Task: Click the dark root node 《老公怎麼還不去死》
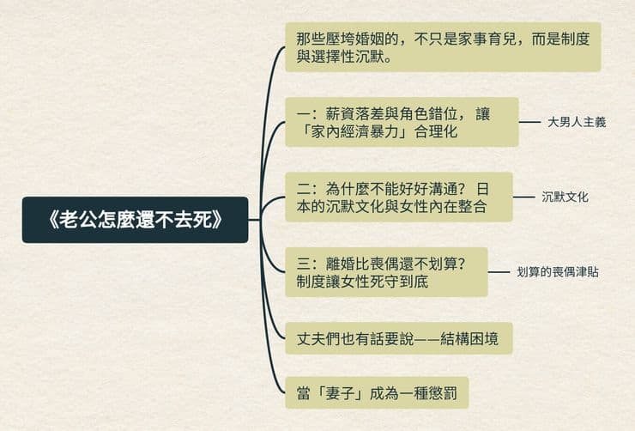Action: (135, 220)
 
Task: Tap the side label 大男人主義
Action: (577, 122)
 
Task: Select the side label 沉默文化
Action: (565, 197)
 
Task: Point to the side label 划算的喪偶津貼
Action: (558, 272)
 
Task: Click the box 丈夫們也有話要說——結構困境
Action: (399, 338)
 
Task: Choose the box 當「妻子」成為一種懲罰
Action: (377, 393)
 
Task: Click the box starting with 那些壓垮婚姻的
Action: (443, 47)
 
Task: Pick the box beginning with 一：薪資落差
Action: (402, 122)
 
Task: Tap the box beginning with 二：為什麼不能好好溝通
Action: (399, 197)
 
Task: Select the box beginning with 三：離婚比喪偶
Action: (386, 272)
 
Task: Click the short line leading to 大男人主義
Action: (529, 122)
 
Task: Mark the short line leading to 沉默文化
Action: (524, 197)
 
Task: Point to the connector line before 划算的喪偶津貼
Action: (499, 272)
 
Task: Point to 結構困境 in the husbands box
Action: (469, 338)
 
